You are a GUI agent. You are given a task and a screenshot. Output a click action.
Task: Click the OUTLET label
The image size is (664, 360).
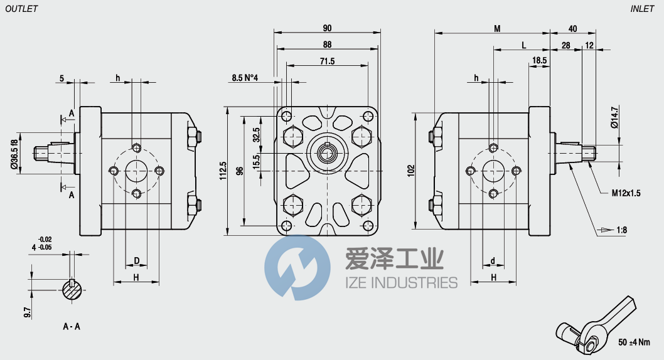pyautogui.click(x=21, y=8)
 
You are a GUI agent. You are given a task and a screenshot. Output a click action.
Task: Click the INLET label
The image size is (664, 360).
pyautogui.click(x=642, y=8)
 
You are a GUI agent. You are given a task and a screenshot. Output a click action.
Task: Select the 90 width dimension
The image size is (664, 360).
pyautogui.click(x=327, y=28)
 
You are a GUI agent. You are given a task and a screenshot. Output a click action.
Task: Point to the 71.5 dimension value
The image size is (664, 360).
pyautogui.click(x=327, y=61)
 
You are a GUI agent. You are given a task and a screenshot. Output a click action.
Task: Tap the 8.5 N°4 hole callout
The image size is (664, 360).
pyautogui.click(x=245, y=78)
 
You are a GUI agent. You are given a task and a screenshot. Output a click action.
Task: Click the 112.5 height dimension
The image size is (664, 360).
pyautogui.click(x=223, y=169)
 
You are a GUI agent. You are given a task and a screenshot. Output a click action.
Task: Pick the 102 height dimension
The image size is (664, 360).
pyautogui.click(x=411, y=169)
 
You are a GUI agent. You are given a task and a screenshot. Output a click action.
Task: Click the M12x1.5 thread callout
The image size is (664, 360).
pyautogui.click(x=626, y=193)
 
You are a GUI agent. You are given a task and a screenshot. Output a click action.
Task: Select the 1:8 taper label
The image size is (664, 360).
pyautogui.click(x=621, y=230)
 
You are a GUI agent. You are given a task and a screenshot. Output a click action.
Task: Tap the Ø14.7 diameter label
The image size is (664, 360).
pyautogui.click(x=615, y=117)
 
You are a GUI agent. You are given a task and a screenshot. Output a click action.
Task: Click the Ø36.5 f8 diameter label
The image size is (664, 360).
pyautogui.click(x=14, y=152)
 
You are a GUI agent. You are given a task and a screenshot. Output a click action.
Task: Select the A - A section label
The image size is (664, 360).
pyautogui.click(x=72, y=327)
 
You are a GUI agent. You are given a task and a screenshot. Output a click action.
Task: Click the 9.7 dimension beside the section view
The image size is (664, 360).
pyautogui.click(x=28, y=311)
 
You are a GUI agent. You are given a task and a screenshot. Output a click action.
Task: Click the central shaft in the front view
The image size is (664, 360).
pyautogui.click(x=327, y=151)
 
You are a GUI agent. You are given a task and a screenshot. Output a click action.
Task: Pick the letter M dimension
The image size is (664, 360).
pyautogui.click(x=497, y=28)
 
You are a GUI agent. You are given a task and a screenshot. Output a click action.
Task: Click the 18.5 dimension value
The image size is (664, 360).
pyautogui.click(x=539, y=60)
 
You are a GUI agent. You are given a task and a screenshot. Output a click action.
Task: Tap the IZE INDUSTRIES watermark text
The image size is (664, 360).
pyautogui.click(x=402, y=283)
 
